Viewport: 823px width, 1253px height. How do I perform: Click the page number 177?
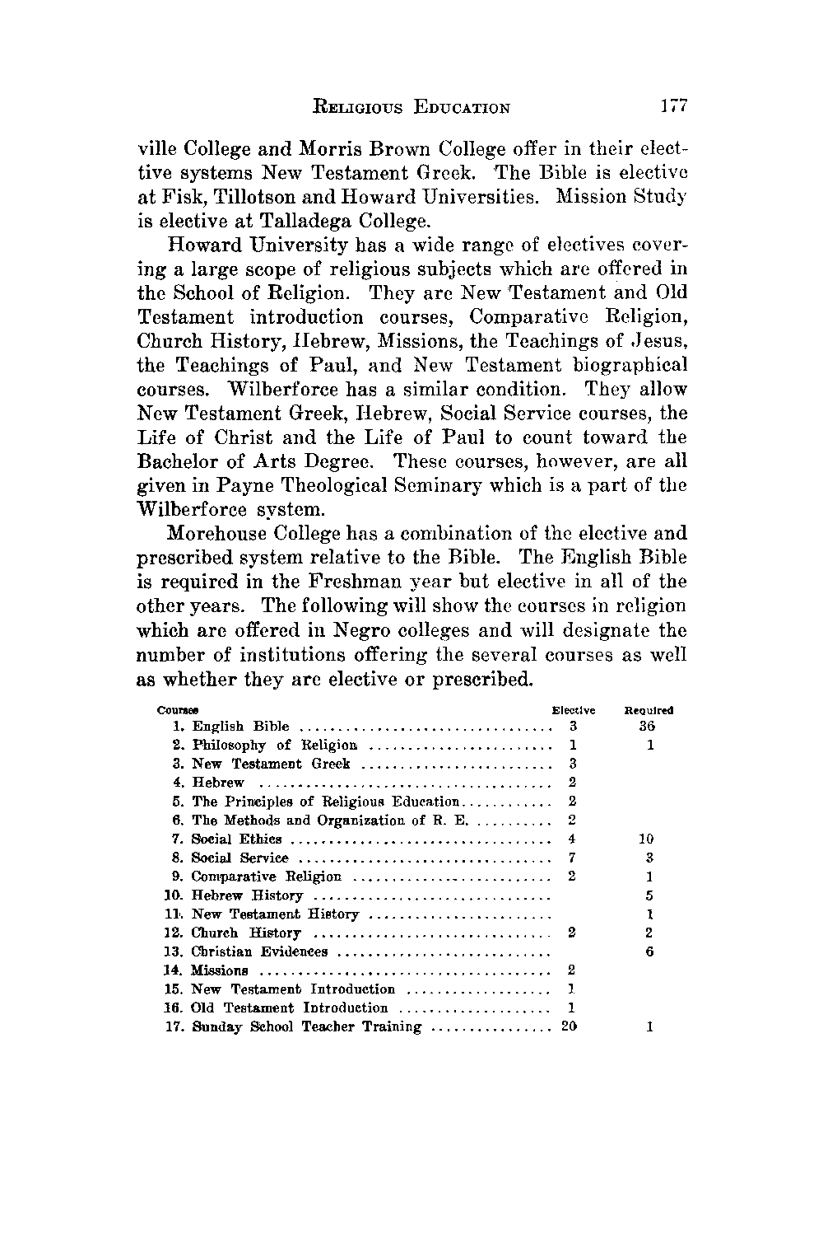click(672, 106)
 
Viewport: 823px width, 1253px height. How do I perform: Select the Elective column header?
click(573, 710)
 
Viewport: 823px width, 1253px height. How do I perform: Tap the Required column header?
click(649, 710)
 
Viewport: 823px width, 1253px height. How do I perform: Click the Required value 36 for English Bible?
click(649, 727)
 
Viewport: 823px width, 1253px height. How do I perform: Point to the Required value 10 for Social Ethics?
click(649, 839)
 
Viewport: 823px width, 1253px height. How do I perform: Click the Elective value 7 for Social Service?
click(572, 858)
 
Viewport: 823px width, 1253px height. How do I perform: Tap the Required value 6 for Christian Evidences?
click(650, 952)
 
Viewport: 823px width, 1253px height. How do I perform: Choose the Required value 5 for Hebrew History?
click(650, 895)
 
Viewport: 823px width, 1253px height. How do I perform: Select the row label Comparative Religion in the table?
click(266, 877)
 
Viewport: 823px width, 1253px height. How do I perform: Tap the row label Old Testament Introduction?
click(289, 1008)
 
